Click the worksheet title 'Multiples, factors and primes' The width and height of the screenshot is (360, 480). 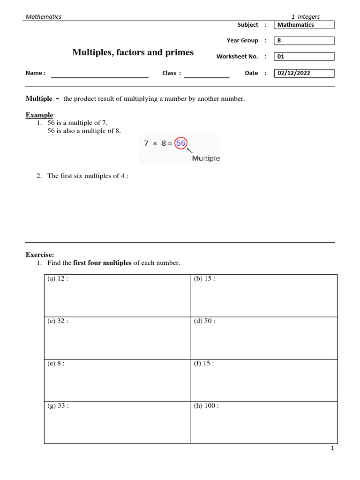pos(133,52)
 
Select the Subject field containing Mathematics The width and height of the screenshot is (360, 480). pos(304,25)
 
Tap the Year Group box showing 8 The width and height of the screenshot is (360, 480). pos(304,41)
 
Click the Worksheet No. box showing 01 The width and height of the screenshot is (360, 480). pos(304,57)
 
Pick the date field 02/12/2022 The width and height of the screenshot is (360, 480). pos(304,73)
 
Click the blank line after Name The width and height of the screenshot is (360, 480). pos(99,74)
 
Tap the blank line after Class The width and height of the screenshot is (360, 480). pos(206,74)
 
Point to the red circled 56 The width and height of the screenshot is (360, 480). pos(180,144)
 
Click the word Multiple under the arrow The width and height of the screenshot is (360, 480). pos(206,158)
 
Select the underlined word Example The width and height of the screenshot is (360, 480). pos(40,115)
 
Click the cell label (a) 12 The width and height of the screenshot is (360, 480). pos(58,279)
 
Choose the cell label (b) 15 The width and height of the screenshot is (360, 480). pos(204,279)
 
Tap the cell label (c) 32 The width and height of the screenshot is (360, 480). pos(58,321)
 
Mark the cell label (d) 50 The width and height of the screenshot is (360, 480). pos(204,321)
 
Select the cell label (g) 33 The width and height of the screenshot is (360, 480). pos(58,406)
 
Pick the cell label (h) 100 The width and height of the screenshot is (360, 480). pos(206,406)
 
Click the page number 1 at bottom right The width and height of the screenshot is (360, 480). pos(332,449)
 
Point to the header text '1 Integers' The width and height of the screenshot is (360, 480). pos(305,16)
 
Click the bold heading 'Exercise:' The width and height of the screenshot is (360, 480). pos(40,255)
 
